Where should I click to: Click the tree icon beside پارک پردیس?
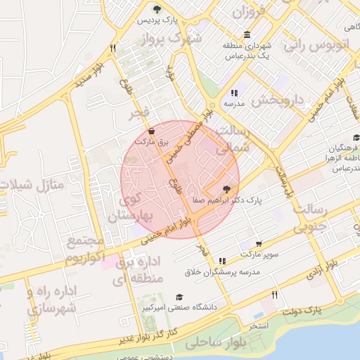[157, 10]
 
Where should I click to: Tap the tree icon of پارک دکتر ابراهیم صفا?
[226, 189]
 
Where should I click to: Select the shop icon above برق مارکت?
[152, 131]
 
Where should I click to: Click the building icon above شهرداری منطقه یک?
[247, 35]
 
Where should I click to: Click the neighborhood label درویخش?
[280, 100]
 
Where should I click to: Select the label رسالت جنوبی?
[309, 219]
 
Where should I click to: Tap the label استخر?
[259, 326]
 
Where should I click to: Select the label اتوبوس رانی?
[317, 44]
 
